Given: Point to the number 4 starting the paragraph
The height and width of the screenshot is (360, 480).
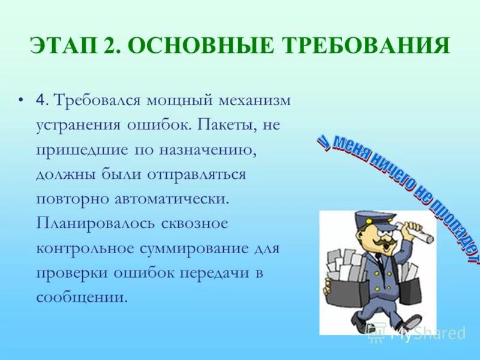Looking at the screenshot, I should [x=40, y=100].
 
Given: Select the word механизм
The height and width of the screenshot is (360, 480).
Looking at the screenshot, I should [x=252, y=100].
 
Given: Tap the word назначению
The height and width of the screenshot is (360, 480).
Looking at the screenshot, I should [x=208, y=149].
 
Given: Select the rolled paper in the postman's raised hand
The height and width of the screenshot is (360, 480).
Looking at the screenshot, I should [x=418, y=232].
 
